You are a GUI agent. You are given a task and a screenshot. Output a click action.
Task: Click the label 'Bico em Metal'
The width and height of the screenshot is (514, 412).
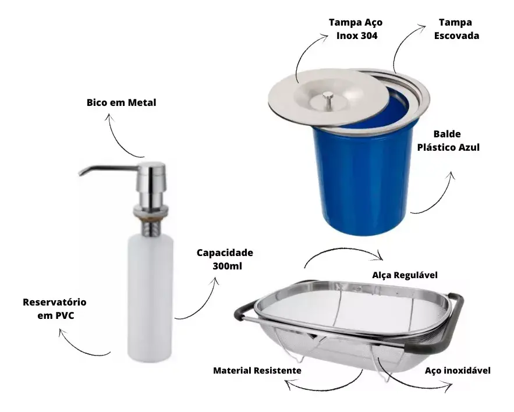tap(121, 103)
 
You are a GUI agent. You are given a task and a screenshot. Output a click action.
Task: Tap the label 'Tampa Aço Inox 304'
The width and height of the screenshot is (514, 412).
tap(356, 29)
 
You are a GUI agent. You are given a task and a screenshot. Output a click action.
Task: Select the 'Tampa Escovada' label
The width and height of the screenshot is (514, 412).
tap(456, 29)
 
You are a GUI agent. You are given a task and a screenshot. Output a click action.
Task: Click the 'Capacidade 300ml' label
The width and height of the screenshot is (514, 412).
tap(225, 260)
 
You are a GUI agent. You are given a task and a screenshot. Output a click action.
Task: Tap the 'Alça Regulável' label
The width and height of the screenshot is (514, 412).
tap(404, 275)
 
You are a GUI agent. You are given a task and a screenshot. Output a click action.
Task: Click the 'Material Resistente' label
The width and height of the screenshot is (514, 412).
tap(257, 370)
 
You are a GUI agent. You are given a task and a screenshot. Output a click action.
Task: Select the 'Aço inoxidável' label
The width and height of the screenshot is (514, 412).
tap(458, 370)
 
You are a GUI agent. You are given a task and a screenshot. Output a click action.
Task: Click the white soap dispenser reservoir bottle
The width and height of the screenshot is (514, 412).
tap(150, 297)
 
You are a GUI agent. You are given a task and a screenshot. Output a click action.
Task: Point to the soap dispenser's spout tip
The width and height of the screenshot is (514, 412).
tap(81, 173)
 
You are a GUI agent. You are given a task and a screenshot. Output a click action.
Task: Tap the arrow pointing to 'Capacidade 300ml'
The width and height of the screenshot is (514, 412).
tap(201, 300)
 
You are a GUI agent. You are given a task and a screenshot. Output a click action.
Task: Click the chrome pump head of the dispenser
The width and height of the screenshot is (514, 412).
tap(153, 177)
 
